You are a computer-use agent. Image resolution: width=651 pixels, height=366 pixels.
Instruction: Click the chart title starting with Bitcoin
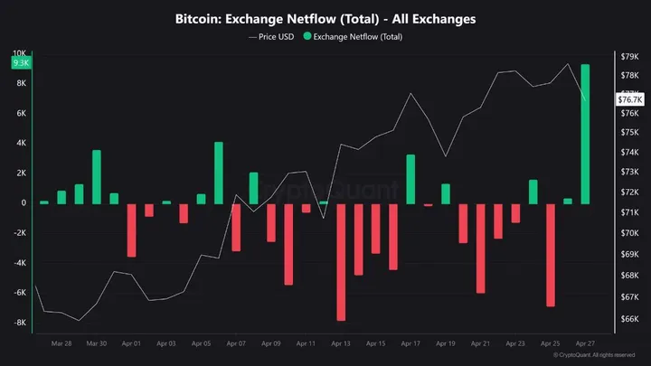point(325,18)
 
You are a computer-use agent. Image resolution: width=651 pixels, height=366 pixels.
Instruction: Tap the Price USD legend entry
point(270,37)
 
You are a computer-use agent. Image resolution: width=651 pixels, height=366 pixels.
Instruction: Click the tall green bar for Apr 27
point(585,134)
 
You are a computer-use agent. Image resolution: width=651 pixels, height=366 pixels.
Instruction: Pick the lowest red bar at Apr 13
point(341,262)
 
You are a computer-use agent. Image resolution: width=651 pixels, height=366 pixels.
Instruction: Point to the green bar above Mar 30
point(97,176)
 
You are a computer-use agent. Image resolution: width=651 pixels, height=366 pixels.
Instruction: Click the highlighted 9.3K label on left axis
point(20,63)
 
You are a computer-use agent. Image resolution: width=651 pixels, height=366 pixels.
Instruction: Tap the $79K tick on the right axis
point(629,56)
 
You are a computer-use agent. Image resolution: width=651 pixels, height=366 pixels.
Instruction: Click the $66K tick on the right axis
point(629,319)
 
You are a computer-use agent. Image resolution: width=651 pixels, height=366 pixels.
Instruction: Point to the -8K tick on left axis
point(20,323)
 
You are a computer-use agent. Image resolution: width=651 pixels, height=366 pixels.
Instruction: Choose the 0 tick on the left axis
point(24,202)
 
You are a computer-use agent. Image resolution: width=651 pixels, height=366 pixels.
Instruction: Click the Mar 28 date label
point(61,343)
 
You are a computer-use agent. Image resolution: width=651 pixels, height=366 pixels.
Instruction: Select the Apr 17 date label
point(410,343)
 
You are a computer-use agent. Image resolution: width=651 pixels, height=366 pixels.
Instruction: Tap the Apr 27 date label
point(585,343)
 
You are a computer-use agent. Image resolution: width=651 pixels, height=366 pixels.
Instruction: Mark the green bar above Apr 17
point(410,179)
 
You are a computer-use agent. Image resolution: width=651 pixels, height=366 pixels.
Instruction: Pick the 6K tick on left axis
point(22,113)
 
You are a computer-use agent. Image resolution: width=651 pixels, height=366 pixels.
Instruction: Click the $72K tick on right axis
point(629,193)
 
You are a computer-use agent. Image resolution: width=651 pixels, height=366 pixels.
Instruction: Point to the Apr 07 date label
point(236,343)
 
